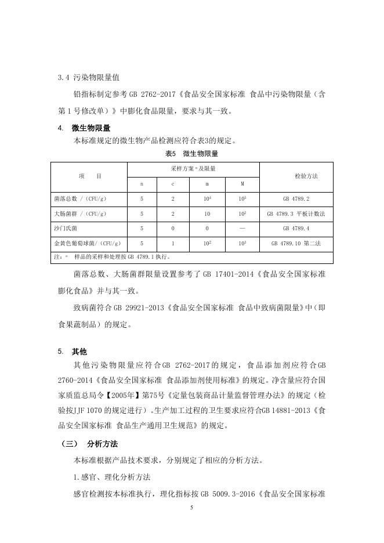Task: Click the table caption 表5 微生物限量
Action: tap(191, 154)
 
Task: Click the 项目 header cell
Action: tap(89, 176)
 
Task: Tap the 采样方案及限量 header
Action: tap(193, 168)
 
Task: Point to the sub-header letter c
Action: tap(173, 184)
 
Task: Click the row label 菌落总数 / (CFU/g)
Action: tap(80, 199)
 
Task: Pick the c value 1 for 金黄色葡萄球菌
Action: tap(173, 243)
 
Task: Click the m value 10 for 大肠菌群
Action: tap(207, 214)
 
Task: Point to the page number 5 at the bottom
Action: tap(191, 508)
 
